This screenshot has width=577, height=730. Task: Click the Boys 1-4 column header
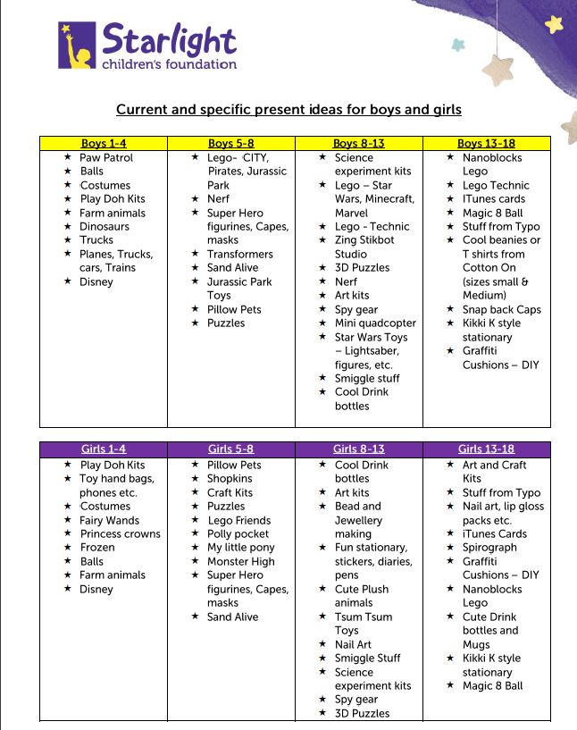[x=104, y=143]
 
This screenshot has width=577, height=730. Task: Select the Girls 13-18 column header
[x=486, y=449]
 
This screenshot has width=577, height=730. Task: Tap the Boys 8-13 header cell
[x=358, y=143]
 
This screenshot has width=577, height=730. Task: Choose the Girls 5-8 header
[x=230, y=449]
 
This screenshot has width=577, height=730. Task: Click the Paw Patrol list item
[x=106, y=157]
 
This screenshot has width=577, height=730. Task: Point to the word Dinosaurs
[x=105, y=226]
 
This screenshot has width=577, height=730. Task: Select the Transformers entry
[x=240, y=254]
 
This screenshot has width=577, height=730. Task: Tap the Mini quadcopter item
[x=375, y=323]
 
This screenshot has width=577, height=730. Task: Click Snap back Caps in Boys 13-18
[x=501, y=309]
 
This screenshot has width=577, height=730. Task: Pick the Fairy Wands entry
[x=110, y=520]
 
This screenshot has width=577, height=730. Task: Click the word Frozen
[x=97, y=547]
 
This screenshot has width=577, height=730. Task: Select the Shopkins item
[x=230, y=478]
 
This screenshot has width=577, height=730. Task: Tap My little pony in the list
[x=241, y=547]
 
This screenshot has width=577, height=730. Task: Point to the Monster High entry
[x=241, y=561]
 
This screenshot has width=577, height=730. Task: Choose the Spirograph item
[x=489, y=547]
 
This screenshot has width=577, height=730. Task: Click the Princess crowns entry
[x=121, y=533]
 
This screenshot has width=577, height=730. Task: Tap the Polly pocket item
[x=238, y=533]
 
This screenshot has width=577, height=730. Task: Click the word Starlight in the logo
[x=169, y=39]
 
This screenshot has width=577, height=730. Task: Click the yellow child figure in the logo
[x=78, y=49]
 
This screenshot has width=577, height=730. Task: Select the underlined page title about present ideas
[x=288, y=110]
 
